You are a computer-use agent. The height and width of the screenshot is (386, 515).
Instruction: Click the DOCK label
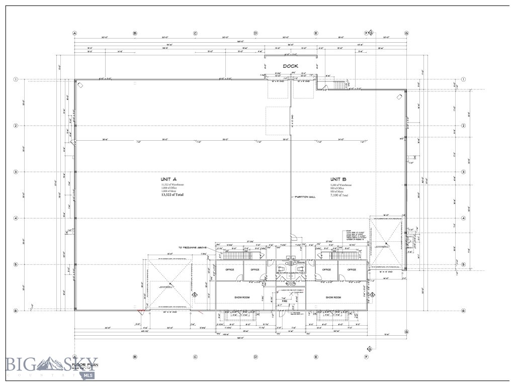[290, 66]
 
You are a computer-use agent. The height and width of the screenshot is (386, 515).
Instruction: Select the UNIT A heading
[168, 179]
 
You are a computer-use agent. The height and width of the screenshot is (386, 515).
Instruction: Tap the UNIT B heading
[338, 179]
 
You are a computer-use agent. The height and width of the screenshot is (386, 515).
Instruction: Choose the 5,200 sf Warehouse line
[341, 184]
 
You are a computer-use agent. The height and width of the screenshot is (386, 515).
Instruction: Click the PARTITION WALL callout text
[305, 197]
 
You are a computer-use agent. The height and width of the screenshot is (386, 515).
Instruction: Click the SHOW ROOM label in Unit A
[242, 297]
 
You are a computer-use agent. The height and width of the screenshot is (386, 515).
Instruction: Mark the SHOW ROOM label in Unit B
[333, 297]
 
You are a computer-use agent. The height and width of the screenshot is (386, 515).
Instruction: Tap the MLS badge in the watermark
[89, 375]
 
